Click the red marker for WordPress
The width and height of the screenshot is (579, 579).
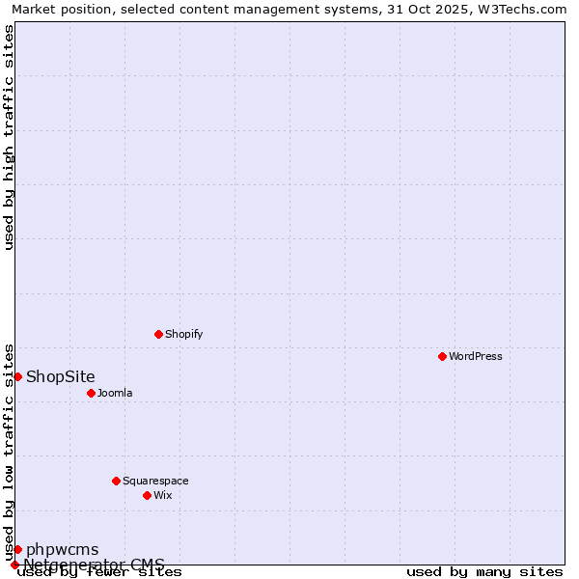442,356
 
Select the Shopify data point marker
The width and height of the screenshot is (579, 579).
158,334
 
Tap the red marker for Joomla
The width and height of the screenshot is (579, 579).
91,393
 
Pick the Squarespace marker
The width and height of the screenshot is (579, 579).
116,481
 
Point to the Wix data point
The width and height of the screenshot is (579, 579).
147,495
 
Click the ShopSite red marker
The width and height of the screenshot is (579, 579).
17,376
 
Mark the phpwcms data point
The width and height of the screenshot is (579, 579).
17,549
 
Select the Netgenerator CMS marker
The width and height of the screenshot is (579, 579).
14,565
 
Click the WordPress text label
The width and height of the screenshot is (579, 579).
476,356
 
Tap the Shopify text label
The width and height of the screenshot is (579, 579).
183,334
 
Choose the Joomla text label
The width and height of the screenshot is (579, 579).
115,393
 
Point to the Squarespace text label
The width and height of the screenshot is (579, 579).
155,481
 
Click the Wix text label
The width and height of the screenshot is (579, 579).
163,495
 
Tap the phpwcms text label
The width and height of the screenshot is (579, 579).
62,549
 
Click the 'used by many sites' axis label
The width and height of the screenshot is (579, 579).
484,571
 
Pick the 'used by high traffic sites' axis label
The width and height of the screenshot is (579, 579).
10,137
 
